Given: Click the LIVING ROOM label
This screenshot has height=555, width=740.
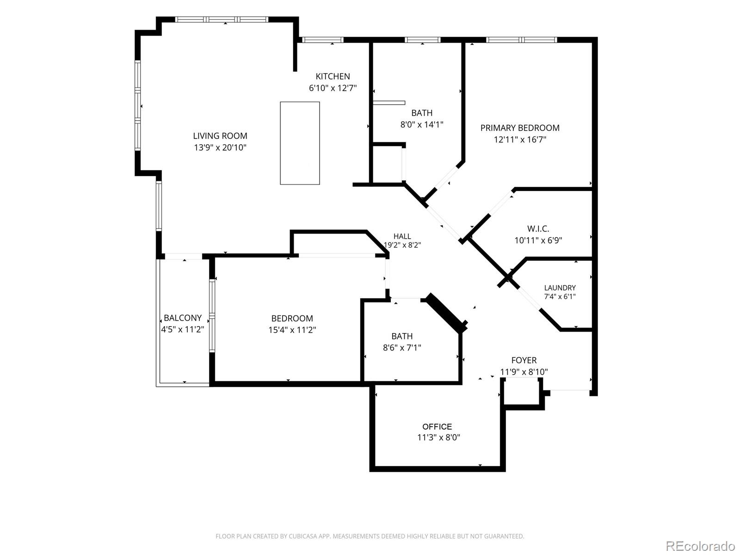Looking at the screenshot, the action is [x=220, y=136].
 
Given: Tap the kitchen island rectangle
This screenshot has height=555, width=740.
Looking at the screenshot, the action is [x=300, y=143].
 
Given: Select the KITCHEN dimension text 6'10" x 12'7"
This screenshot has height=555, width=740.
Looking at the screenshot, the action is [x=333, y=88].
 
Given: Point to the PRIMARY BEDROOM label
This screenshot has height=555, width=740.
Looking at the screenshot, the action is [x=520, y=128].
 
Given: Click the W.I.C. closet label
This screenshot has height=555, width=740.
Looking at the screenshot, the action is [x=538, y=229].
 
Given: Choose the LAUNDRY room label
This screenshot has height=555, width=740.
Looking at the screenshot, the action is [x=560, y=288].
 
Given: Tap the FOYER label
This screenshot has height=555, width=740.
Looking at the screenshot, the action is [x=524, y=360].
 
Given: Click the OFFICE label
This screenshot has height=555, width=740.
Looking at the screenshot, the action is [x=437, y=426].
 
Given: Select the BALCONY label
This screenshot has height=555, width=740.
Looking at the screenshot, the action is [x=182, y=318].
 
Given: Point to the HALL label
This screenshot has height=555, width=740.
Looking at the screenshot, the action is [x=402, y=236].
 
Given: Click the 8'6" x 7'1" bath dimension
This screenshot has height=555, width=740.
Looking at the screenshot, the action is [x=402, y=348].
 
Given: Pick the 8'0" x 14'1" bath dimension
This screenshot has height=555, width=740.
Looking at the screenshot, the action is [x=422, y=125].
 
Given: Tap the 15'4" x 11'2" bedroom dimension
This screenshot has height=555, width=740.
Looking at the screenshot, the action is [x=292, y=330].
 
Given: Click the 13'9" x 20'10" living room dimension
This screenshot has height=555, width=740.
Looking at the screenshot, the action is [x=220, y=148].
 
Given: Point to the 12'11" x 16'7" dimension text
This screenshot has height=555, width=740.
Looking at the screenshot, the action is [x=520, y=140].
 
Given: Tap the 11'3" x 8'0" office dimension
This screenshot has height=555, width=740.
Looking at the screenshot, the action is [x=438, y=438].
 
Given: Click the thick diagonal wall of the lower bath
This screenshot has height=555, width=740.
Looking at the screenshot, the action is [x=447, y=313].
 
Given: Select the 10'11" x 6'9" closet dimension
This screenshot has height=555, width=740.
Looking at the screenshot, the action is [x=538, y=240].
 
